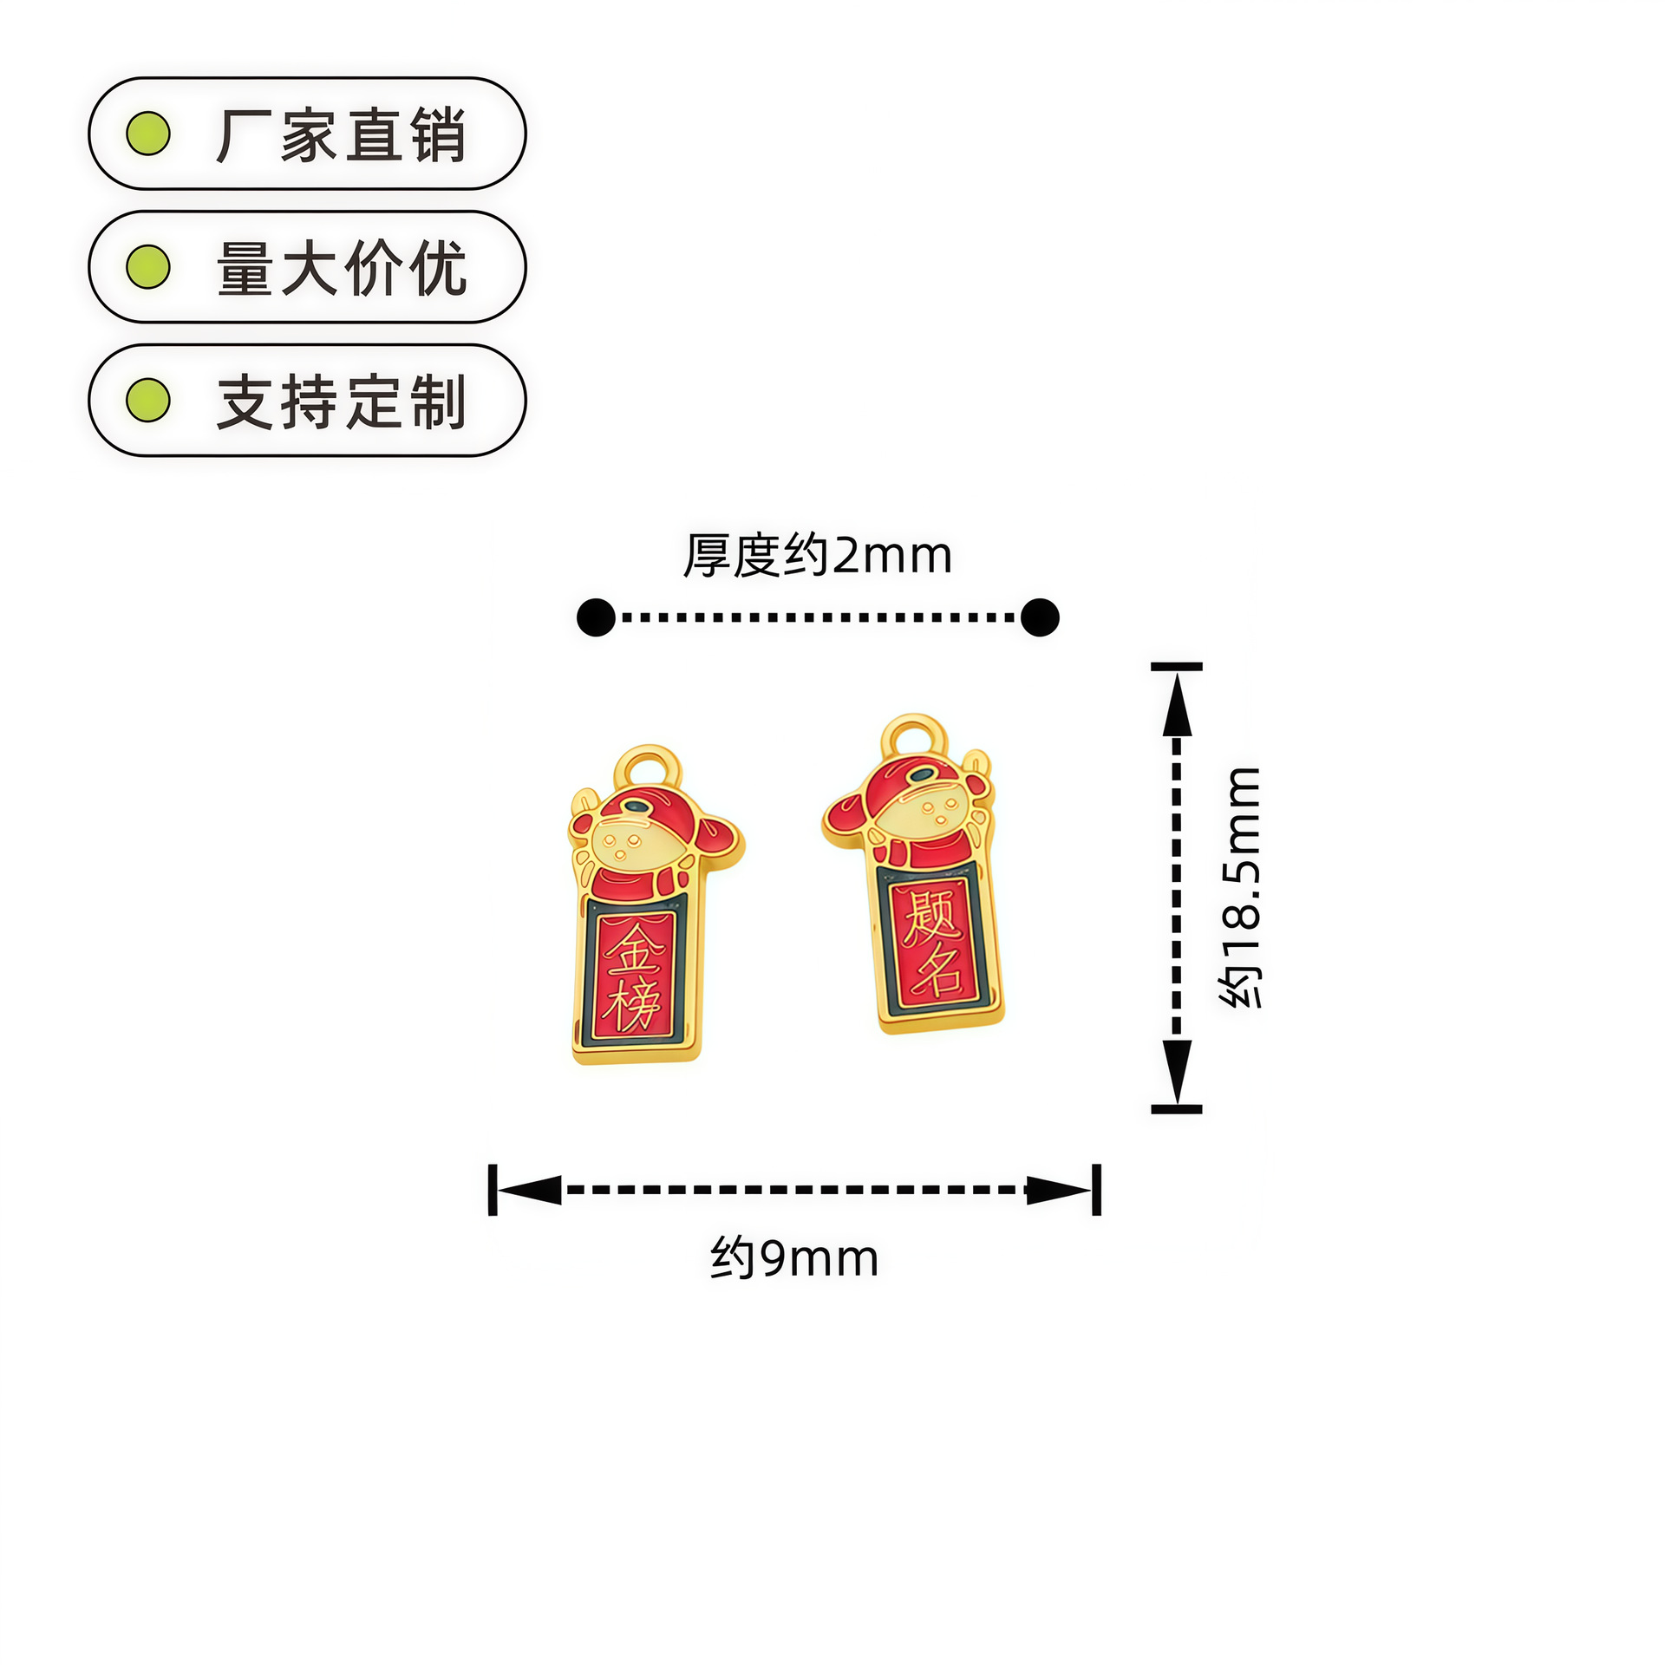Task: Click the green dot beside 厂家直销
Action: (148, 134)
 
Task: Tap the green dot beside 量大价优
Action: (148, 267)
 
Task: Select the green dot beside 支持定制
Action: (148, 400)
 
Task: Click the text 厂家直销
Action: (341, 135)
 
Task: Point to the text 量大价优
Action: (341, 268)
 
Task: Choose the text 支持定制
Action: (341, 402)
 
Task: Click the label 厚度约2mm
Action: (817, 555)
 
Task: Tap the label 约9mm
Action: (794, 1258)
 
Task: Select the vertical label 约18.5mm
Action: (1240, 887)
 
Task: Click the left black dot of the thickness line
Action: (596, 617)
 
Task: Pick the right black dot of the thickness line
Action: (1040, 617)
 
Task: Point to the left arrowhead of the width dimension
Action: (529, 1190)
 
